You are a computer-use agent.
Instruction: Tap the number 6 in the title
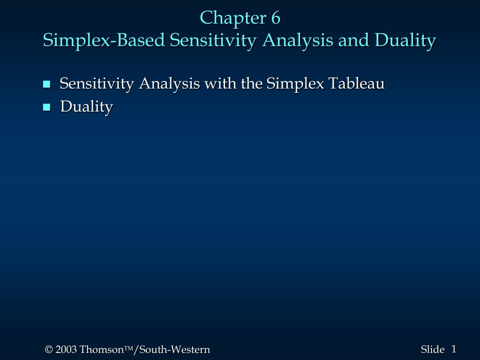[275, 18]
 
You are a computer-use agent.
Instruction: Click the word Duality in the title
[405, 41]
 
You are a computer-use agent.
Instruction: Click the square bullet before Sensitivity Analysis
[46, 84]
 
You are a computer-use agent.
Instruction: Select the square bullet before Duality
[46, 107]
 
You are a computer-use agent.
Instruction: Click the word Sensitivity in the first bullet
[97, 84]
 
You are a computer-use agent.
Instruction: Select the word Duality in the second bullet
[87, 107]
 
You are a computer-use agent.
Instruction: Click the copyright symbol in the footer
[49, 350]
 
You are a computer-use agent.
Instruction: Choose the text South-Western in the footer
[174, 350]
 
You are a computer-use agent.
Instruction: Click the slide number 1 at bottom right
[454, 349]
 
